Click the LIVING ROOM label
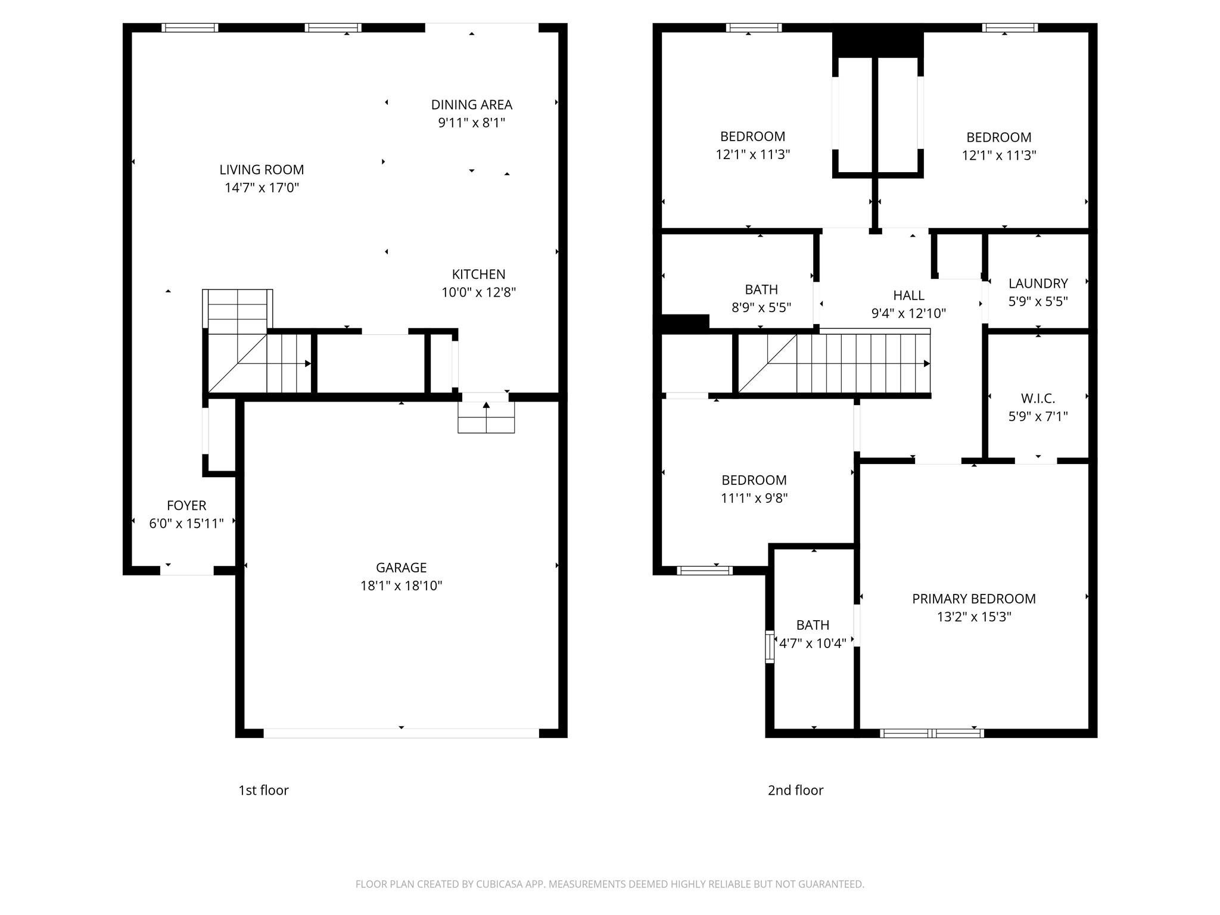pyautogui.click(x=262, y=170)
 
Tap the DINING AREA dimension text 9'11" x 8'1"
pyautogui.click(x=471, y=123)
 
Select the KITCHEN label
pyautogui.click(x=478, y=274)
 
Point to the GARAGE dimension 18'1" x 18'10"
pyautogui.click(x=401, y=586)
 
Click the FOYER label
pyautogui.click(x=186, y=505)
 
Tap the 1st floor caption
pyautogui.click(x=263, y=790)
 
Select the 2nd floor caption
pyautogui.click(x=795, y=790)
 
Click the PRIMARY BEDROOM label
pyautogui.click(x=973, y=599)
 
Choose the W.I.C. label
pyautogui.click(x=1038, y=398)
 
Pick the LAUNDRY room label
pyautogui.click(x=1038, y=283)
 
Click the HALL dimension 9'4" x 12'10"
pyautogui.click(x=908, y=313)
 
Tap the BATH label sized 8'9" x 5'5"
pyautogui.click(x=761, y=290)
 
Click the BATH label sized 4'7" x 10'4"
pyautogui.click(x=813, y=625)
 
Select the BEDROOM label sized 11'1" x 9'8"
pyautogui.click(x=754, y=480)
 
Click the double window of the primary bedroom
pyautogui.click(x=931, y=733)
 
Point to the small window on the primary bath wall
pyautogui.click(x=769, y=646)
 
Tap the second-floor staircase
pyautogui.click(x=846, y=363)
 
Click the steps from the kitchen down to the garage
pyautogui.click(x=486, y=416)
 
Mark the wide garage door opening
pyautogui.click(x=401, y=733)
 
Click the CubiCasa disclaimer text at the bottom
pyautogui.click(x=609, y=884)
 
